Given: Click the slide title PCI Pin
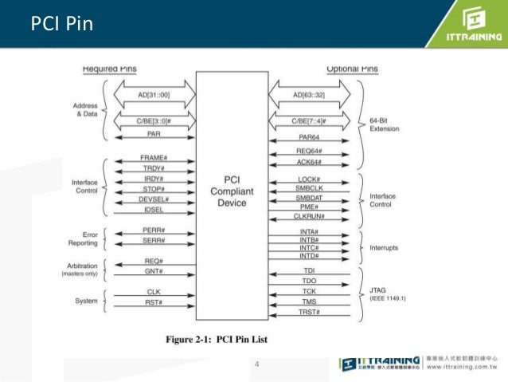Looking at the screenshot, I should (x=61, y=24).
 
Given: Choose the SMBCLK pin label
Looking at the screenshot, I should (x=307, y=187).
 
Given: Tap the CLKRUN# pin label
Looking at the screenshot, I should (x=307, y=217).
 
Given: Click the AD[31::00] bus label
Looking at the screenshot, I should (x=154, y=96).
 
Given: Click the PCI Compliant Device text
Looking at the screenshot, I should (x=232, y=191).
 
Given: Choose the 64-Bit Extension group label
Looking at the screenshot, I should (x=385, y=124).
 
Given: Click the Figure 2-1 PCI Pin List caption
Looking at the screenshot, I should (x=217, y=340).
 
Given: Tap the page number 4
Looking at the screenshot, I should (x=256, y=365).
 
